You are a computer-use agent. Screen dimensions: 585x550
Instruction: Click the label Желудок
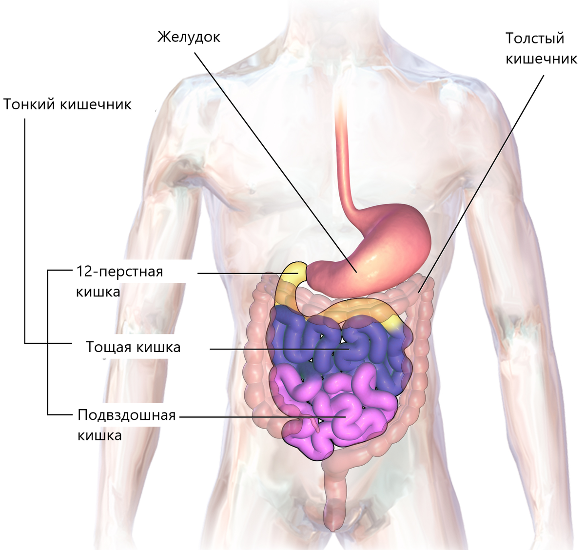189,38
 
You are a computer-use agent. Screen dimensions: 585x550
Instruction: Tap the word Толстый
535,39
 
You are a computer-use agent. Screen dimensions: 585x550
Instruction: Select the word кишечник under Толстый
541,59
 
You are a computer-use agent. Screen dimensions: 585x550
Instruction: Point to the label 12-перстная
119,272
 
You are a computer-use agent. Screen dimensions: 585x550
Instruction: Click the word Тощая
109,347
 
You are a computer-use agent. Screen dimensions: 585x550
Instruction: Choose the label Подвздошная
127,415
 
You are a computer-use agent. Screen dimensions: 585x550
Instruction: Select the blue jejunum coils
339,348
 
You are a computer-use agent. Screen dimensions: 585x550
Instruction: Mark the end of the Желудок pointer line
357,272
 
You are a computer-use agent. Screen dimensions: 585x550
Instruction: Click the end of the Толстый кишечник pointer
419,293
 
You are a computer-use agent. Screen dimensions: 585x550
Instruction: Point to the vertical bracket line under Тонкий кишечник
25,231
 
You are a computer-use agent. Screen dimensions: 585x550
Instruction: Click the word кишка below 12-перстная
98,292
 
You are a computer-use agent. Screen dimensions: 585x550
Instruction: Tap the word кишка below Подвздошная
99,435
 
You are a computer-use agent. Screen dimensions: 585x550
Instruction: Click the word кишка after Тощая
158,347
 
